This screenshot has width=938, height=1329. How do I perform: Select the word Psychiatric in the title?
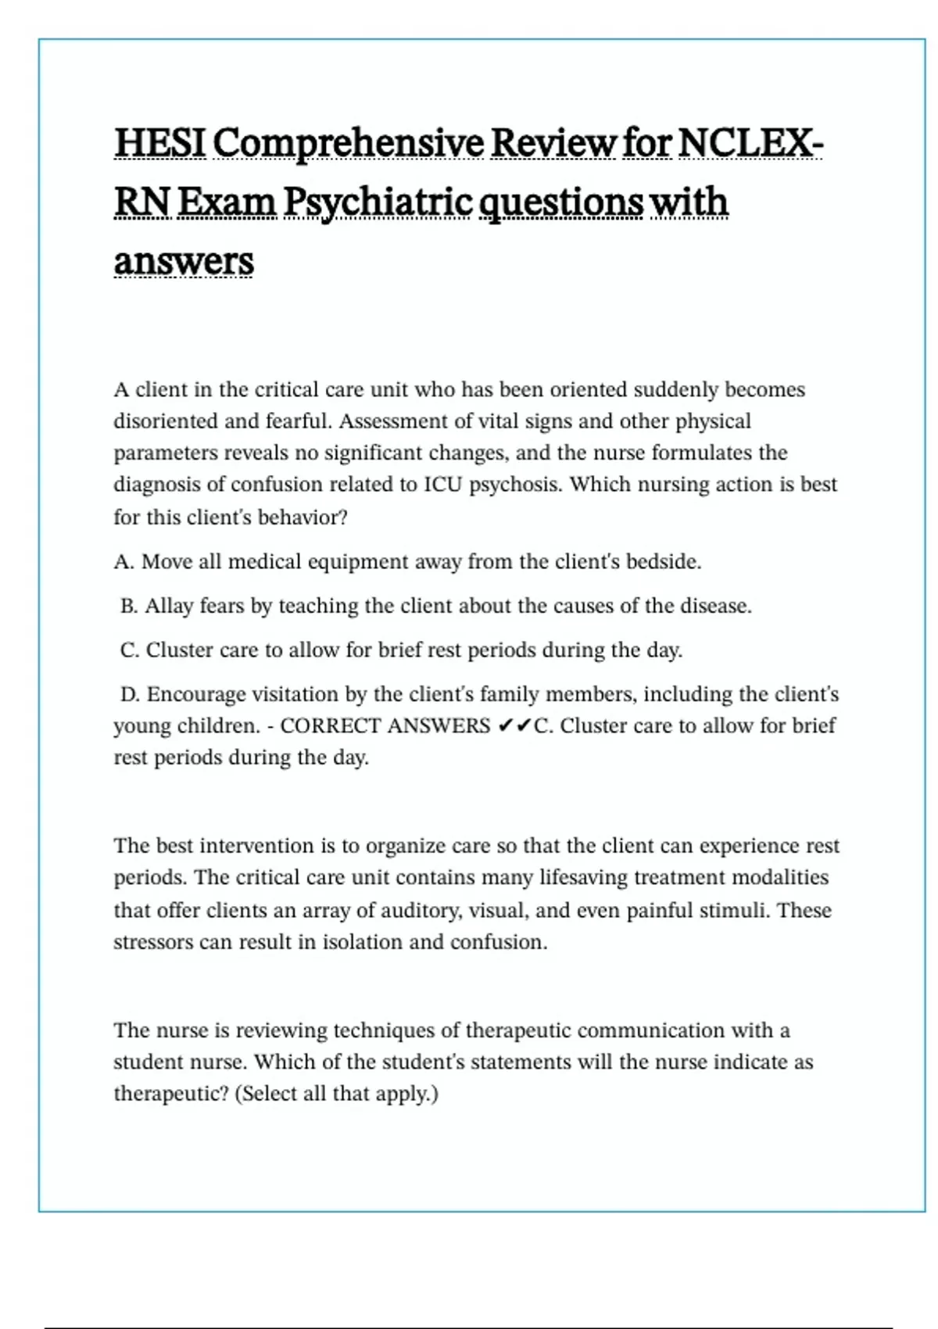pos(378,202)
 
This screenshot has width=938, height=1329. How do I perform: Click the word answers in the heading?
pos(184,261)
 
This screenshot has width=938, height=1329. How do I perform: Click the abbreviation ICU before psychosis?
pos(443,485)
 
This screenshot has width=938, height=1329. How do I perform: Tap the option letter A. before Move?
pos(124,562)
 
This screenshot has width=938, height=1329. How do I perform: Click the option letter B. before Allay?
pos(129,606)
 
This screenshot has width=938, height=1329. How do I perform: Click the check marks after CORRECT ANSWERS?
pos(514,726)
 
